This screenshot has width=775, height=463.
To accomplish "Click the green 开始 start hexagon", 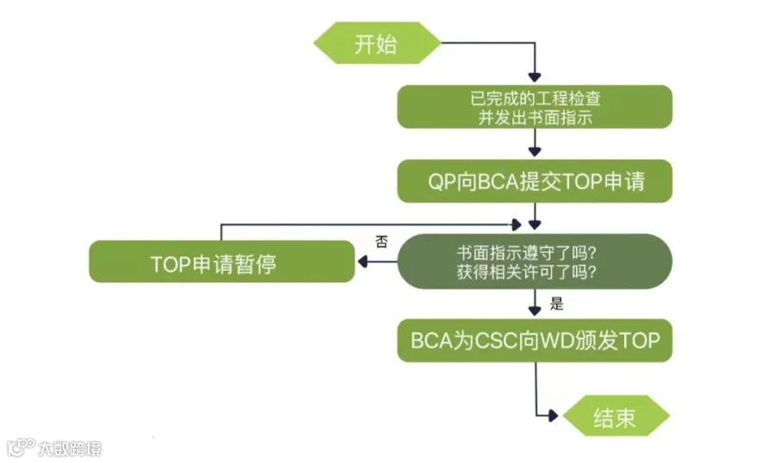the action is pos(376,43).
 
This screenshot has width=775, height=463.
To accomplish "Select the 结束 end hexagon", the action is pos(616,416).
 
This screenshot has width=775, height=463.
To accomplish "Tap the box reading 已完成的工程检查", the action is pos(535,107).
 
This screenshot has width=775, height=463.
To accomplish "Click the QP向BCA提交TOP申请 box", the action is pos(535,181).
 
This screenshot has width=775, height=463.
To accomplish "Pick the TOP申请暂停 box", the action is pos(222,262).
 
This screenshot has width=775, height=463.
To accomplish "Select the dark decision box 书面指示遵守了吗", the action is pos(535,262).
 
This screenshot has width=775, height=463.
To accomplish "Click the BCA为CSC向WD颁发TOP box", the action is pos(535,341).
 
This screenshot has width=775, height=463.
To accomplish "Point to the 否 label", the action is pos(381,242).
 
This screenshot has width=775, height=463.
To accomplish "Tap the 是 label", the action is pos(556,304).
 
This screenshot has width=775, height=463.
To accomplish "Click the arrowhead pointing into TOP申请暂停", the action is pos(363,262).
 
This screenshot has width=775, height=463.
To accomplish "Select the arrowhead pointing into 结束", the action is pos(554,416).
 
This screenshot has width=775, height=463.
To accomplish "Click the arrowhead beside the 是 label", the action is pos(535,311).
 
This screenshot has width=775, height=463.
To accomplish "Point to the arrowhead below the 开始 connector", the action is pos(535,77).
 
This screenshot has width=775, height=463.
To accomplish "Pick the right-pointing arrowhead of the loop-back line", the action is pos(517,225).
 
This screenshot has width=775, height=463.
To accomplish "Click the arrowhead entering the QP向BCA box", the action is pos(535,151).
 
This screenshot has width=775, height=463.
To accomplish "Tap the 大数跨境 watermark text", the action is pos(70,448).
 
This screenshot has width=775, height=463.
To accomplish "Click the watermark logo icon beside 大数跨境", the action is pos(21,447).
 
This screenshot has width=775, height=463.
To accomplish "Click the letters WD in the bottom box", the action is pos(555,341).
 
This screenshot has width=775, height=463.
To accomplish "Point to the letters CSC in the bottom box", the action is pos(499,341).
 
